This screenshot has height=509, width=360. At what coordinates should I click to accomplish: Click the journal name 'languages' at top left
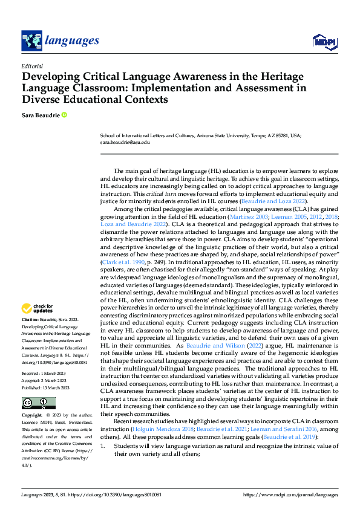(x=71, y=41)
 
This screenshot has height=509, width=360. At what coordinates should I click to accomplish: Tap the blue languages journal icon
(x=31, y=41)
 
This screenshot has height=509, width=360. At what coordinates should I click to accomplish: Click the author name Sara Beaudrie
(x=40, y=115)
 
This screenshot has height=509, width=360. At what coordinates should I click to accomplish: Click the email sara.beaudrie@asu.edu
(x=125, y=143)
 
